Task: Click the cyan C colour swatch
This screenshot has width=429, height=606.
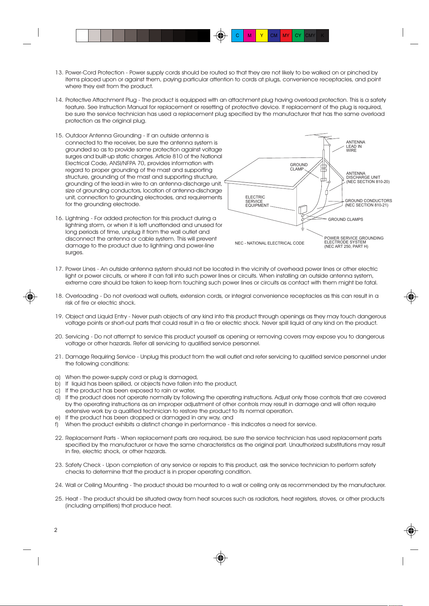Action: (237, 36)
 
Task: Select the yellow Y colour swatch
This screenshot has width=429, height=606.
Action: (262, 36)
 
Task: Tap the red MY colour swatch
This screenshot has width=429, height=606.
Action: (286, 36)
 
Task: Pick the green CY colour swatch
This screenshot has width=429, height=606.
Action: (298, 36)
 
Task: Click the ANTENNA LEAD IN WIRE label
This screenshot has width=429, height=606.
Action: (356, 146)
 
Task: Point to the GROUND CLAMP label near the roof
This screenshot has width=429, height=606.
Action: (299, 167)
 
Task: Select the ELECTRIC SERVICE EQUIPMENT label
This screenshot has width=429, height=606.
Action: (257, 201)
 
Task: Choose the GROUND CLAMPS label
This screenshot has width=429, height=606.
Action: (346, 219)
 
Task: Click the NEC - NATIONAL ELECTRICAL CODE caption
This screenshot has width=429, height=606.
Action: (270, 243)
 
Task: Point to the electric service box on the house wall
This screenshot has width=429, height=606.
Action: (302, 209)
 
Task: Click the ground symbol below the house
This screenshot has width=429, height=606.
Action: (303, 229)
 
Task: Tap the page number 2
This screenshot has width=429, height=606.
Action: (55, 530)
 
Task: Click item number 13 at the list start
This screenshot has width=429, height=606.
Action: (59, 73)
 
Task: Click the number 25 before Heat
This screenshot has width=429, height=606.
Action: (59, 499)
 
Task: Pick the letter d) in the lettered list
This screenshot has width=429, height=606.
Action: (58, 397)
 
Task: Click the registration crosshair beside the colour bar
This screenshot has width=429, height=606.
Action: (221, 36)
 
